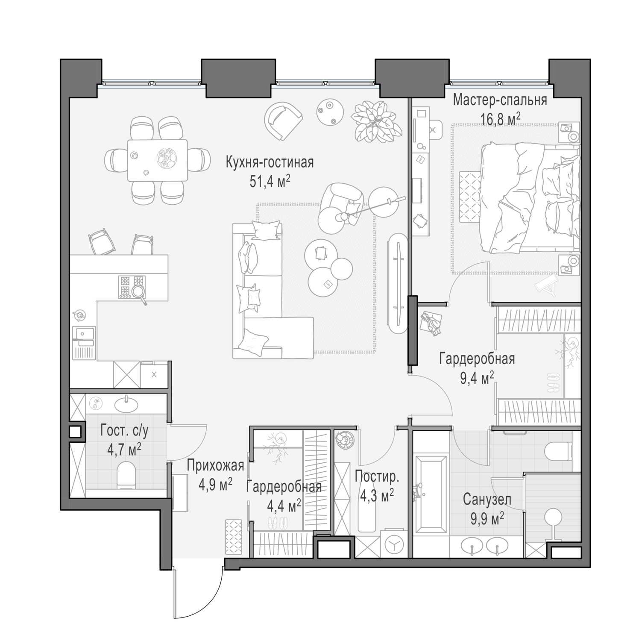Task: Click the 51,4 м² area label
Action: [x=270, y=182]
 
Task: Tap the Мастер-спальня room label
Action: [x=500, y=100]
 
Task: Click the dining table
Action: [x=157, y=160]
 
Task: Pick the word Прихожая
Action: [x=215, y=466]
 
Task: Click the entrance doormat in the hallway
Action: [x=234, y=538]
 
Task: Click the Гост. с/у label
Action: [x=124, y=432]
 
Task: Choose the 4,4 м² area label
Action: [x=284, y=506]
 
